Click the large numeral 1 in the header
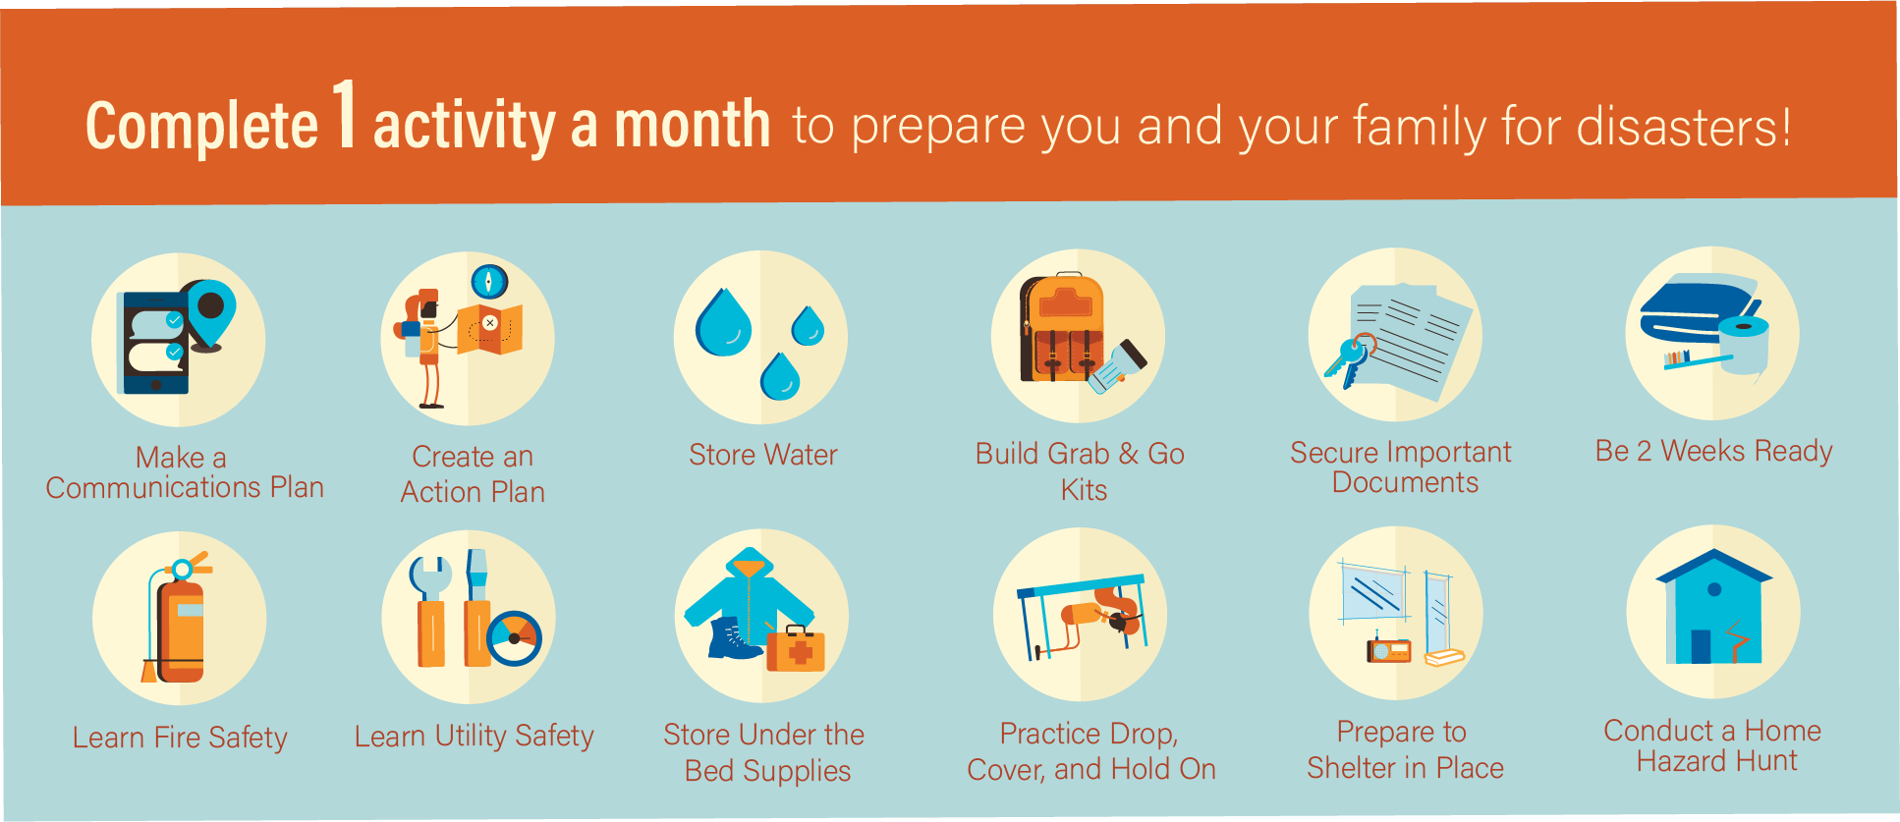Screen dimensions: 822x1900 pos(343,116)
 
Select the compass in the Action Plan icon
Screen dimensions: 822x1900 pos(488,282)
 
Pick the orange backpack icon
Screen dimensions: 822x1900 pos(1061,329)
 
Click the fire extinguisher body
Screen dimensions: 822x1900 pos(180,629)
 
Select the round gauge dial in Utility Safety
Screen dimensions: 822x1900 pos(515,638)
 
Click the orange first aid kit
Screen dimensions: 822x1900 pos(796,650)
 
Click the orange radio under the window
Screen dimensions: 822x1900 pos(1389,650)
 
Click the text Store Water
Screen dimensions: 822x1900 pos(762,455)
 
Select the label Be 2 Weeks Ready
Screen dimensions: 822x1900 pos(1713,451)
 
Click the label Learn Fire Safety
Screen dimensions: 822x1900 pos(180,738)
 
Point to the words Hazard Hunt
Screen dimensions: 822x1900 pos(1716,761)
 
